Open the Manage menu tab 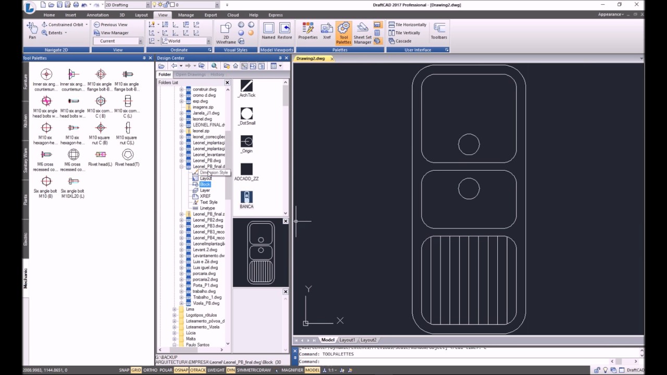tap(186, 15)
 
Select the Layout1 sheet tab tap(347, 340)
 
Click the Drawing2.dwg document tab tap(311, 58)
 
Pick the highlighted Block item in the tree tap(205, 184)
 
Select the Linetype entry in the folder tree tap(207, 208)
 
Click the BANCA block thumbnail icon tap(246, 197)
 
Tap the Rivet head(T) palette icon tap(128, 155)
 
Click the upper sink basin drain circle tap(469, 145)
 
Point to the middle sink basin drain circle tap(469, 189)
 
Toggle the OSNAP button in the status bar tap(181, 370)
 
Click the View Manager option tap(114, 33)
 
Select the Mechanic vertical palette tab tap(26, 279)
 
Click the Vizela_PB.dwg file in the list tap(206, 303)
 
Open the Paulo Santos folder tap(197, 345)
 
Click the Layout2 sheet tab tap(368, 340)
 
